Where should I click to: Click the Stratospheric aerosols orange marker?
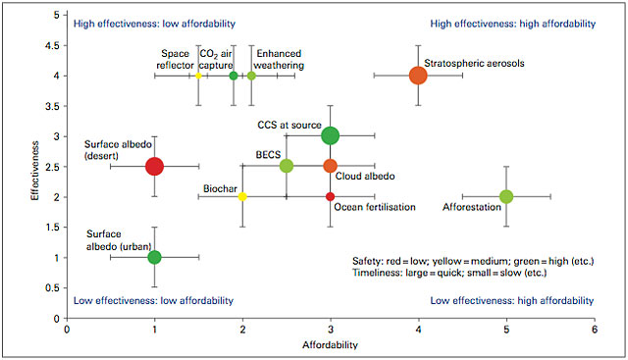coord(418,76)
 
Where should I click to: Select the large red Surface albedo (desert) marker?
coord(154,166)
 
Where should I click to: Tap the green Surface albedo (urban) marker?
coord(154,257)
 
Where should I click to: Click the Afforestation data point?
coord(506,196)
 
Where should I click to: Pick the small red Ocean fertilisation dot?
coord(331,196)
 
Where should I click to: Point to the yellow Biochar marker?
coord(242,196)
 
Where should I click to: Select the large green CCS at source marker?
coord(331,136)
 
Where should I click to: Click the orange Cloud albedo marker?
coord(331,166)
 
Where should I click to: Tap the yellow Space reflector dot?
coord(198,76)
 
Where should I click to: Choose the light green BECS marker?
coord(287,166)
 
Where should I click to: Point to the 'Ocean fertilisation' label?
coord(376,207)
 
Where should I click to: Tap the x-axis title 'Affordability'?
coord(330,346)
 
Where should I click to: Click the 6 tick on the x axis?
coord(595,331)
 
